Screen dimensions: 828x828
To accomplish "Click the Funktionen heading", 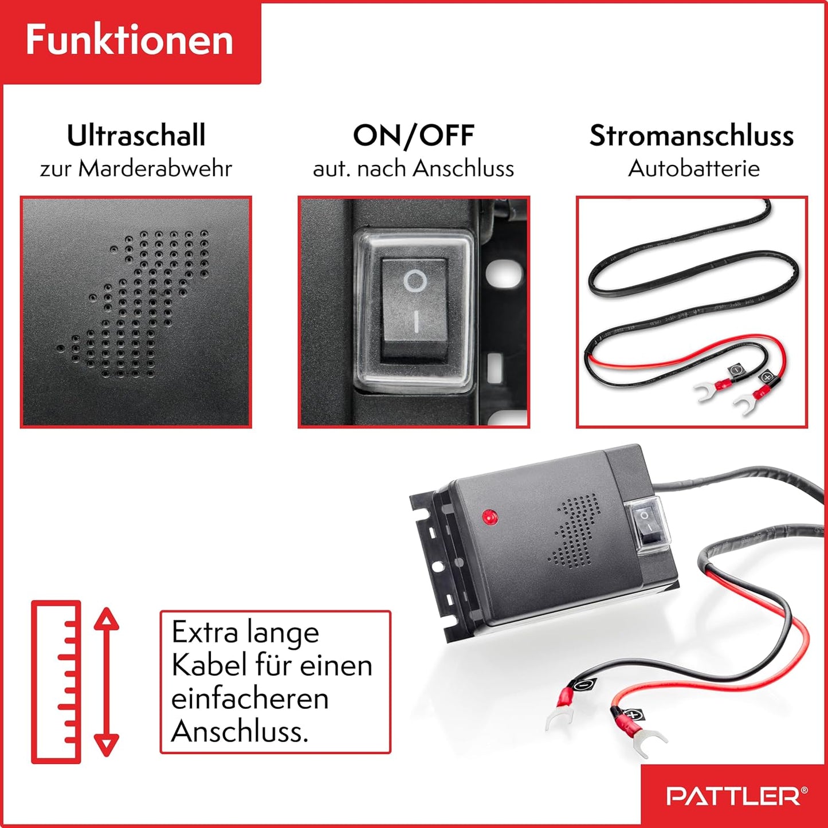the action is pyautogui.click(x=130, y=40).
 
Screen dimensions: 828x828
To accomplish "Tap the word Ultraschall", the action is pyautogui.click(x=136, y=135).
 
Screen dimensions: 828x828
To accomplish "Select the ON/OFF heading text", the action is pyautogui.click(x=413, y=136).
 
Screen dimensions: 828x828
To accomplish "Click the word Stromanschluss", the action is pyautogui.click(x=692, y=136).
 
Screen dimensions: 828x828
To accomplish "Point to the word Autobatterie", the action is pyautogui.click(x=693, y=168).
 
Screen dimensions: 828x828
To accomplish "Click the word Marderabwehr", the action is pyautogui.click(x=155, y=168).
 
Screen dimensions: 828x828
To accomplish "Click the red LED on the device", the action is pyautogui.click(x=490, y=517).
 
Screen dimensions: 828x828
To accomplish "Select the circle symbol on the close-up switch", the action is pyautogui.click(x=415, y=281).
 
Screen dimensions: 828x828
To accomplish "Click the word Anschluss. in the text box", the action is pyautogui.click(x=240, y=731).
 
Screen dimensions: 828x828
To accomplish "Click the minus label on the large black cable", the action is pyautogui.click(x=583, y=685).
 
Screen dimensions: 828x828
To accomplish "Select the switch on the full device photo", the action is pyautogui.click(x=647, y=524).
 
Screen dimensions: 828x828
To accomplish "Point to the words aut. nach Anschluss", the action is pyautogui.click(x=413, y=168).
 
